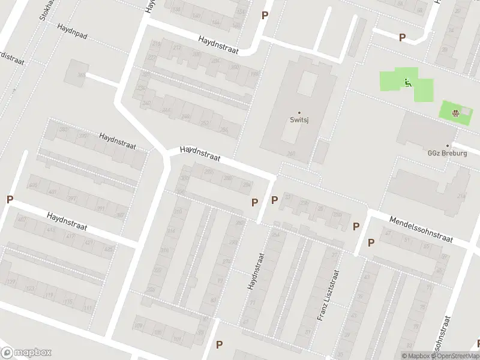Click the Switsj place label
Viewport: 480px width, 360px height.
coord(299,119)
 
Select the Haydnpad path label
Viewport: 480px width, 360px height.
coord(73,32)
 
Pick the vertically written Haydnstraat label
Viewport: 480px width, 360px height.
coord(254,271)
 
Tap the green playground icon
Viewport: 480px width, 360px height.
coord(407,83)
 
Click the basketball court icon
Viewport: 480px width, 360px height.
coord(456,111)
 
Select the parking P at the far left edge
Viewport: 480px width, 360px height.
coord(10,199)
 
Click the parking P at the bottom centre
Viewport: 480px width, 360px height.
coord(220,344)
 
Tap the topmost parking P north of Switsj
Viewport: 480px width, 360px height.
coord(265,15)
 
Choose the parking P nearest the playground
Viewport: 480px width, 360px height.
coord(402,37)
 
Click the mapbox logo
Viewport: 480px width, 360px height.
coord(26,353)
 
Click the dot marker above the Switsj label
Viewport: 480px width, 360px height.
coord(299,112)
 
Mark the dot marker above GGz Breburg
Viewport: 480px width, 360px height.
coord(455,145)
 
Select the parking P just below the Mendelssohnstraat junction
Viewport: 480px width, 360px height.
coord(371,242)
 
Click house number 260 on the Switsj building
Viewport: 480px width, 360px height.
coord(292,154)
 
